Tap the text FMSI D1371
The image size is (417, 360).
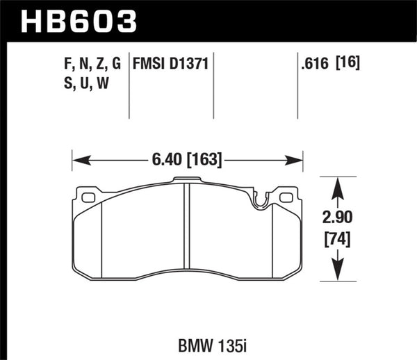tap(168, 65)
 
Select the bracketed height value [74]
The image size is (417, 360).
tap(336, 240)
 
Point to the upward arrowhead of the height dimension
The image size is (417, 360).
tap(336, 184)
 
